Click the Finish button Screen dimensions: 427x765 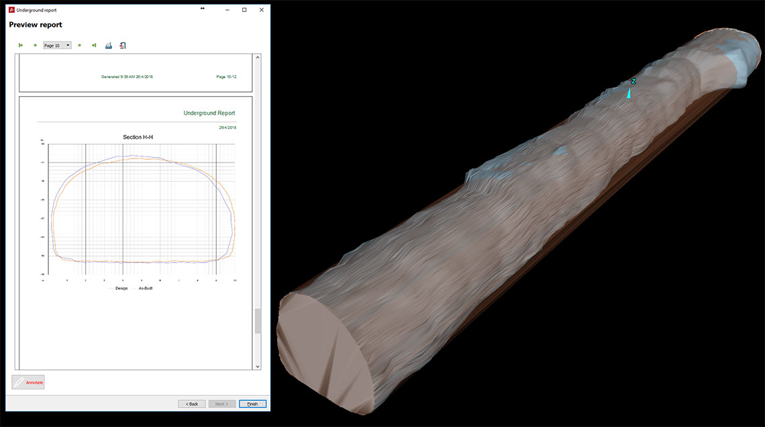252,404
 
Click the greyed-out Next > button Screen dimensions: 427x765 222,404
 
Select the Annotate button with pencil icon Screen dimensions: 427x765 28,382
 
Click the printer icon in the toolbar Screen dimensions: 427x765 108,46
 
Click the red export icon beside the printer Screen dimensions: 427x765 123,46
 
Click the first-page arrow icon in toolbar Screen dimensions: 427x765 21,46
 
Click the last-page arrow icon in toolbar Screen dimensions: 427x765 94,46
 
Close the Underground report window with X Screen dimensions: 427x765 261,10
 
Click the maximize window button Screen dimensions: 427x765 244,10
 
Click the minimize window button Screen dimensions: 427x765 226,10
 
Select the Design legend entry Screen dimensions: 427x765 121,288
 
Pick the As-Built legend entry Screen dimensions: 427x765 145,288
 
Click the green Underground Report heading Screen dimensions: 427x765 209,113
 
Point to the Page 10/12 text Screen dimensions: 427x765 226,77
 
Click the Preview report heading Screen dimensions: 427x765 36,25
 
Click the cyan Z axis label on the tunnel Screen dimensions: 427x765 633,81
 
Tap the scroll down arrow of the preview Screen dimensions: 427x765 258,367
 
